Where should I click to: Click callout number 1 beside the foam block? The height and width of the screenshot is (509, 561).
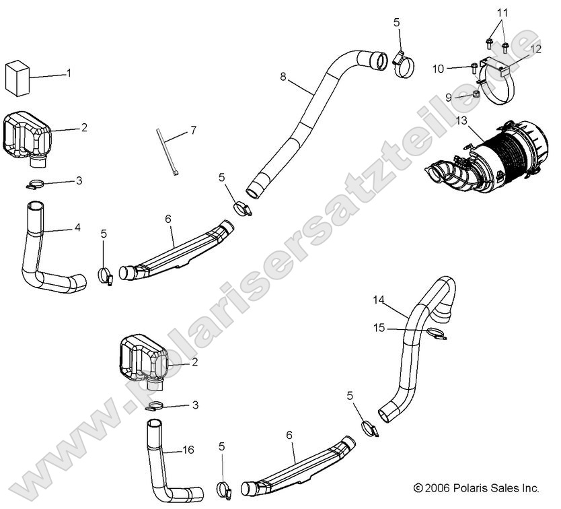68,73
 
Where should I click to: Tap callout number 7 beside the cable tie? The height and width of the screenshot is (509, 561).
193,129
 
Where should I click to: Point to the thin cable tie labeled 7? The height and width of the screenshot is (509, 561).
166,151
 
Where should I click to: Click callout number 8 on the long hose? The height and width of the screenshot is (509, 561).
283,77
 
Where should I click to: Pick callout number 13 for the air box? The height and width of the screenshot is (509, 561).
461,121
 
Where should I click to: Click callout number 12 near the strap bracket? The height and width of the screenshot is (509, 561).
535,48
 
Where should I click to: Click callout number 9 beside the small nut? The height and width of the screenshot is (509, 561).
448,97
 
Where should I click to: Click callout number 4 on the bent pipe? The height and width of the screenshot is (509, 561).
77,228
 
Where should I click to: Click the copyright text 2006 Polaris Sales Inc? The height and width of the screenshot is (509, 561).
477,487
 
